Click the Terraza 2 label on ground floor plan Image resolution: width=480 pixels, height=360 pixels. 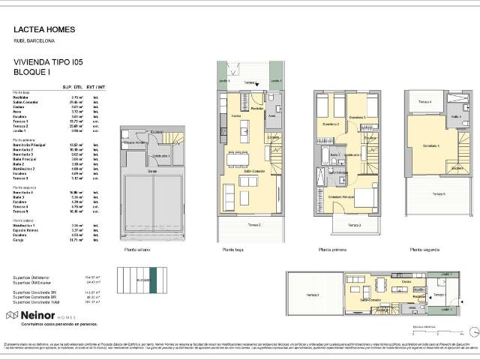pyautogui.click(x=255, y=224)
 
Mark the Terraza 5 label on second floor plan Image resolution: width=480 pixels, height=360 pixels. pyautogui.click(x=438, y=193)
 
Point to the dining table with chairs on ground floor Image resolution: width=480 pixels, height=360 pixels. pyautogui.click(x=239, y=157)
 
